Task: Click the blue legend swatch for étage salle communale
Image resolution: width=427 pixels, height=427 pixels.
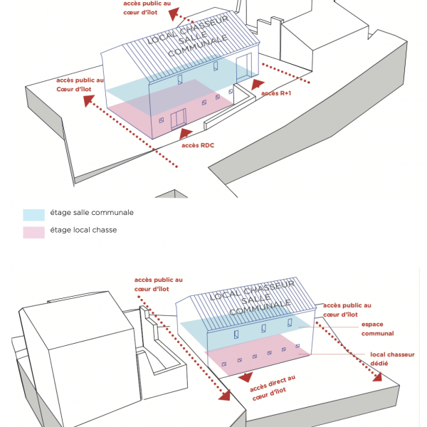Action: point(33,215)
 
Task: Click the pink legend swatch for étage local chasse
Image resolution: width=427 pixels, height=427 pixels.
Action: point(33,233)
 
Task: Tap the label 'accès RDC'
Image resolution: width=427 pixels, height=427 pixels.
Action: point(198,145)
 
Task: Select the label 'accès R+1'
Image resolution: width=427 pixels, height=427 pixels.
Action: point(276,93)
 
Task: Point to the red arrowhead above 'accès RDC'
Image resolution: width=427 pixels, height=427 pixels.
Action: point(186,134)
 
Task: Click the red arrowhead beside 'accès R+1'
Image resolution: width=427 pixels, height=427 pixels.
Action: point(257,84)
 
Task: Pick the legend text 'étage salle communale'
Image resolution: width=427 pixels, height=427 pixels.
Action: point(92,212)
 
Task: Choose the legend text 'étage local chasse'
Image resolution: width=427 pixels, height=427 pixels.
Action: point(83,230)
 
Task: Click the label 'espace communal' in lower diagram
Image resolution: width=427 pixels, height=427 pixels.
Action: point(377,329)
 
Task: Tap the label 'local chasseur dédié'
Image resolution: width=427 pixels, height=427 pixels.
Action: point(392,359)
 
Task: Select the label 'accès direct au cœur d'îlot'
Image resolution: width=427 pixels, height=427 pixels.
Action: point(273,388)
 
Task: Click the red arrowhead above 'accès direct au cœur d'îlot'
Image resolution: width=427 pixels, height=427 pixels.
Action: point(246,377)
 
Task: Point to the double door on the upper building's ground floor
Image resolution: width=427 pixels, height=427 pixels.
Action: point(179,119)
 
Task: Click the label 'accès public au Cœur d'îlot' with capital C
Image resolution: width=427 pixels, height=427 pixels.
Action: point(80,85)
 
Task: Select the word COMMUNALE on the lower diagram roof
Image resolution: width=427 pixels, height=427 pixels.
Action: point(260,307)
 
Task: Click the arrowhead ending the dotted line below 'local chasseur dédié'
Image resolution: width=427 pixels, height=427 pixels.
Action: point(376,377)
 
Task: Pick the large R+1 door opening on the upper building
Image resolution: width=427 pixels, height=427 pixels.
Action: point(243,68)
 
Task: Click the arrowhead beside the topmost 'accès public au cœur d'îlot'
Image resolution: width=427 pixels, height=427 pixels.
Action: point(174,14)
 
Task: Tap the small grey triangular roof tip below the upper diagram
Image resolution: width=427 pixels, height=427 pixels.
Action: point(172,194)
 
